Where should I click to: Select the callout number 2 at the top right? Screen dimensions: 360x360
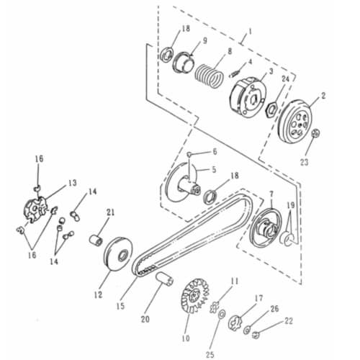click(x=323, y=95)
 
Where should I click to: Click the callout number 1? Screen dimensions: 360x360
click(x=250, y=32)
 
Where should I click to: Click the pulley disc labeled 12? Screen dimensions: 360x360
click(x=117, y=256)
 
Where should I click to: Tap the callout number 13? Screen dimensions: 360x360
click(x=72, y=184)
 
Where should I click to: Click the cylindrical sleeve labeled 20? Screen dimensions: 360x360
click(x=162, y=279)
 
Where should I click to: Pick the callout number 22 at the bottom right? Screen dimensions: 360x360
click(x=289, y=320)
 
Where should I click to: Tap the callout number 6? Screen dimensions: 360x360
click(x=214, y=152)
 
